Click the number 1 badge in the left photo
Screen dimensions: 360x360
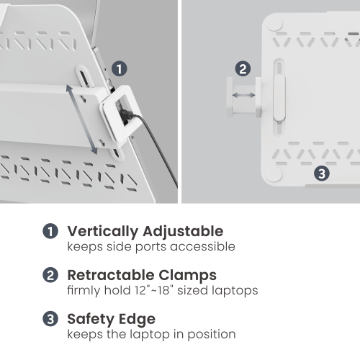(x=120, y=68)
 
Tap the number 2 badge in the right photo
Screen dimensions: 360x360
(x=243, y=69)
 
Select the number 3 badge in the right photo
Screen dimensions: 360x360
(x=322, y=173)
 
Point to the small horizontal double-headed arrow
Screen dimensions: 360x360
(x=243, y=95)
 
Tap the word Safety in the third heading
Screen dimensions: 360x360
(x=90, y=319)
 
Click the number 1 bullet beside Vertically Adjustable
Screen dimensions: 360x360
(x=50, y=232)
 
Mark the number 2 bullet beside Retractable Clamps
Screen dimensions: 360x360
(x=50, y=275)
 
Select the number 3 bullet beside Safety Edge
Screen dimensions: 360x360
(x=50, y=319)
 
